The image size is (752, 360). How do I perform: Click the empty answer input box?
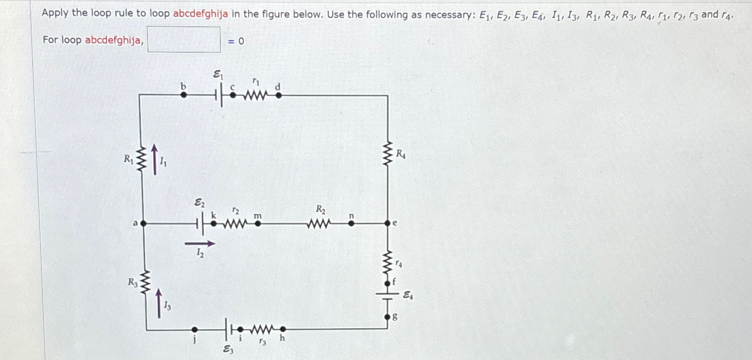(x=184, y=40)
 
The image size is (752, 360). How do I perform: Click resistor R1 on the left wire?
(x=140, y=159)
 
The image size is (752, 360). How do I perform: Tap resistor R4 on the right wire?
(x=388, y=154)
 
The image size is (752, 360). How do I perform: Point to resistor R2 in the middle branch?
(x=320, y=224)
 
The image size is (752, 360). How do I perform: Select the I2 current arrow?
(x=199, y=243)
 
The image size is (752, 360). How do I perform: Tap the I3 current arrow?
(x=158, y=303)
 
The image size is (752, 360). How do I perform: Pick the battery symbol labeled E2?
(x=199, y=223)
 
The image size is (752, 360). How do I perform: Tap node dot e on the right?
(x=388, y=223)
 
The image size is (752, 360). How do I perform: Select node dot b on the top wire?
(x=184, y=95)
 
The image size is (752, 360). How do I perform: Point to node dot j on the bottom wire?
(x=194, y=330)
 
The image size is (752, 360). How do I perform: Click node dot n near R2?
(x=351, y=223)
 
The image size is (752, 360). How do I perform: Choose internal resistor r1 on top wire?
(x=255, y=95)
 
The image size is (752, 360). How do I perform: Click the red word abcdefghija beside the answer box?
(x=114, y=40)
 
